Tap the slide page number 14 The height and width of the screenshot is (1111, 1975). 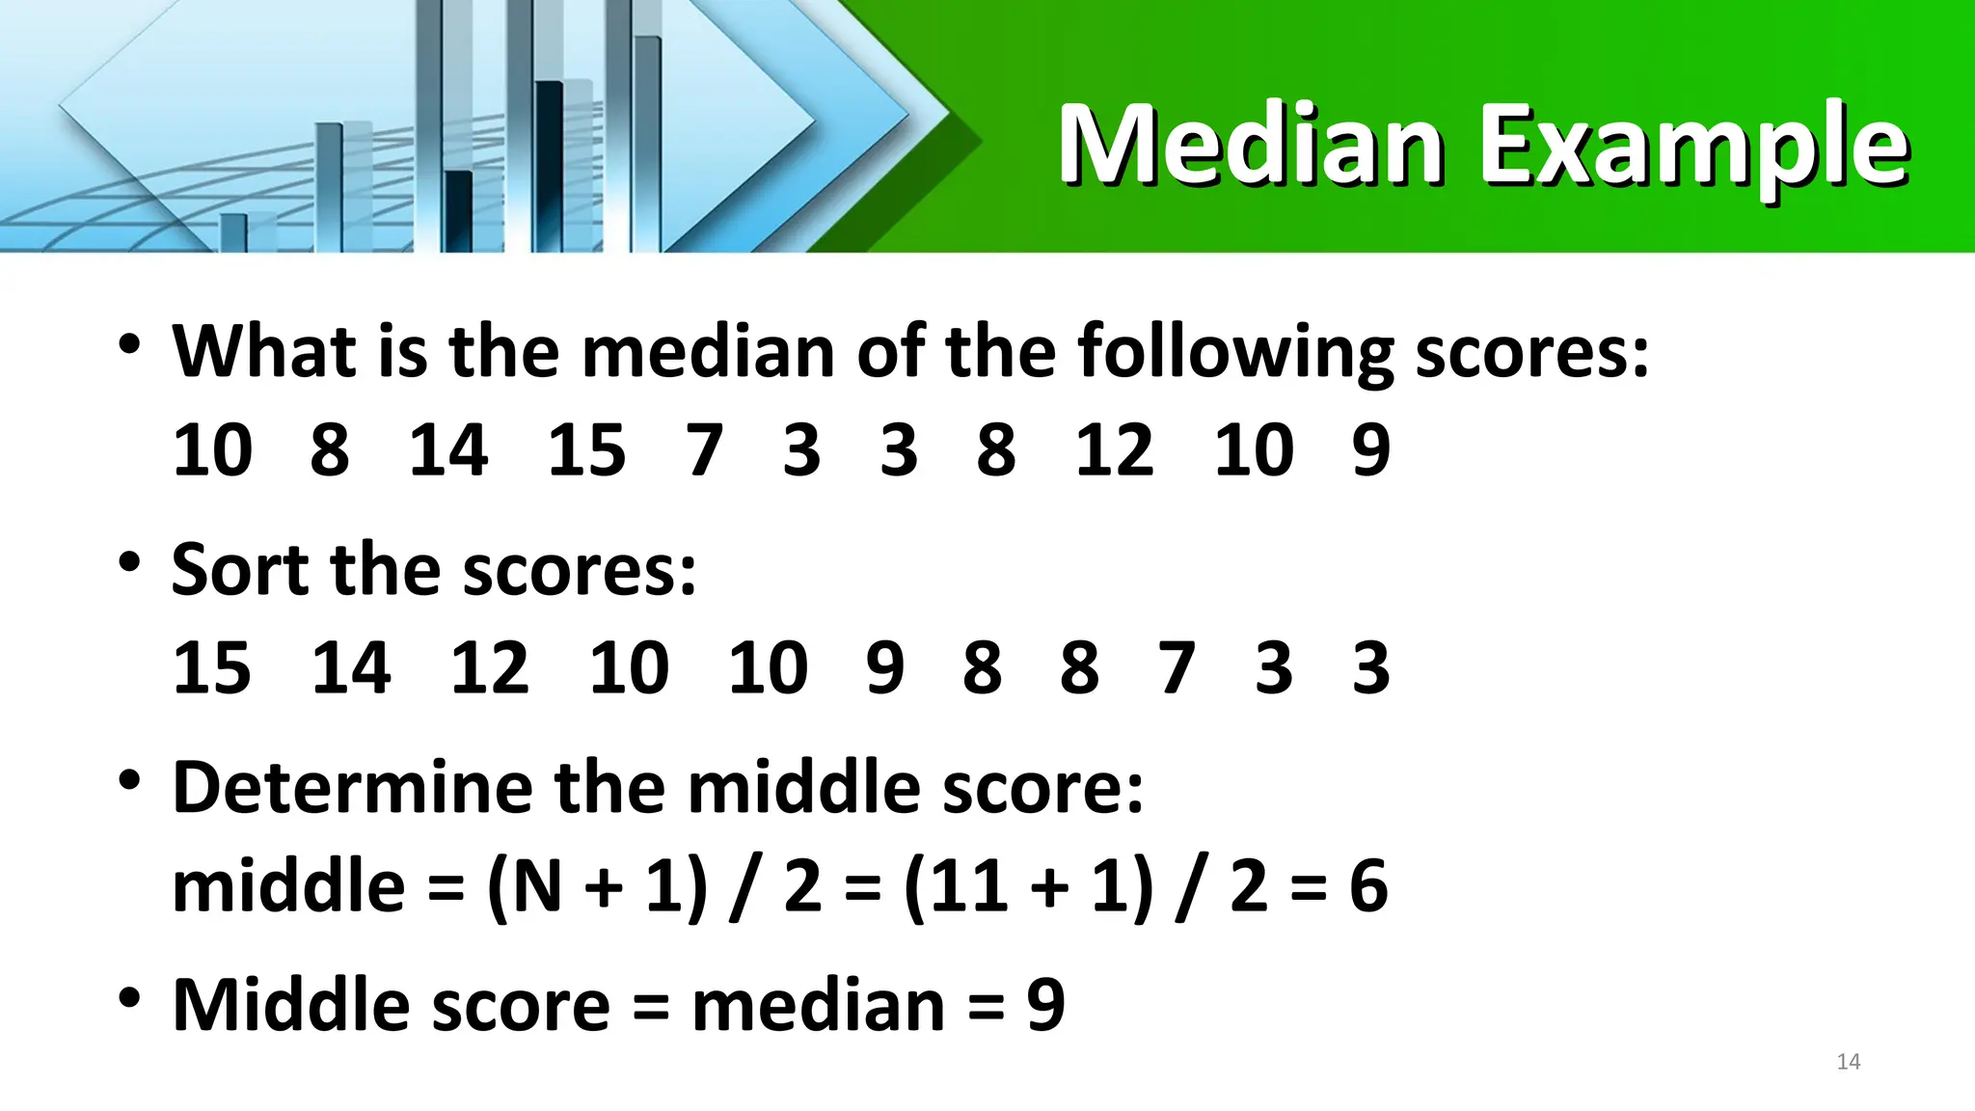(x=1848, y=1062)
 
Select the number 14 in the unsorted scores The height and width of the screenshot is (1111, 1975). (x=448, y=450)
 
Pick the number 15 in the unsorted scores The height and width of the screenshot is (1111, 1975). (x=586, y=450)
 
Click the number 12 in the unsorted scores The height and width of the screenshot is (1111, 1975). (x=1114, y=450)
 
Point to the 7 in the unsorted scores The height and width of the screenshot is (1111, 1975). (x=704, y=450)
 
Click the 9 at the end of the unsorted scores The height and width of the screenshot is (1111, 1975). (x=1370, y=450)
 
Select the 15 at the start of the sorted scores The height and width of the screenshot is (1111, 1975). (x=212, y=667)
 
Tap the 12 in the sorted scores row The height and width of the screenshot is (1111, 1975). (x=490, y=667)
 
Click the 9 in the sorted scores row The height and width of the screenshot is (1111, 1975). (x=884, y=667)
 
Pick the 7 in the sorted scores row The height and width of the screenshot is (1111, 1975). (x=1177, y=667)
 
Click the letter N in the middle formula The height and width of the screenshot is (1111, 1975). (x=537, y=885)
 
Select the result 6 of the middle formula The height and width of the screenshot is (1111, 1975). (x=1368, y=885)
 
